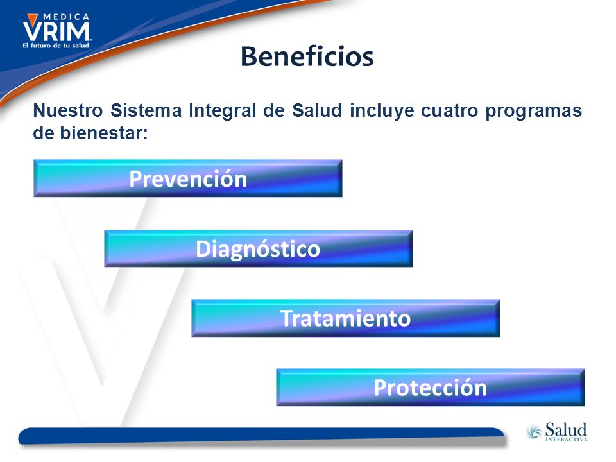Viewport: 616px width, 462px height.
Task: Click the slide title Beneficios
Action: point(307,56)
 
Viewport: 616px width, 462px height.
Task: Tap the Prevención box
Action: point(188,178)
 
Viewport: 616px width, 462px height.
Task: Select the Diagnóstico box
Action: point(259,249)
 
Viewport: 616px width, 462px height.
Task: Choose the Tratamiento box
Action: point(346,318)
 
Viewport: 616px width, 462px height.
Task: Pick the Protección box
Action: point(431,388)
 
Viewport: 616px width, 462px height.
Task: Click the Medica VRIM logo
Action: point(57,31)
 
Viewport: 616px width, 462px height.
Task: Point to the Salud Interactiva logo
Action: point(557,432)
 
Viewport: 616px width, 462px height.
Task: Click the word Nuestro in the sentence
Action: point(68,110)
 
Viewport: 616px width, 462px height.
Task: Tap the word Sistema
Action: point(146,110)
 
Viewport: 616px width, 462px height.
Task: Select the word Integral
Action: point(223,111)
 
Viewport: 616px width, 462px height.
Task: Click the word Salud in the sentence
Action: point(317,110)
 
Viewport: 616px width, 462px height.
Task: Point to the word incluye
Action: point(382,111)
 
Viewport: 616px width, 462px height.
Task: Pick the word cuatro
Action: point(450,110)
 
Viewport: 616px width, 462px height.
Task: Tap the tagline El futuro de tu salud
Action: point(56,46)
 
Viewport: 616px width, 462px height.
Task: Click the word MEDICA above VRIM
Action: point(66,17)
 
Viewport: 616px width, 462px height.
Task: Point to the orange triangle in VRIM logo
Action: point(32,19)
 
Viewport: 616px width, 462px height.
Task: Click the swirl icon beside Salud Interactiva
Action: point(535,431)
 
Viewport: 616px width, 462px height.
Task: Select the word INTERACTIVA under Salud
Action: point(567,439)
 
